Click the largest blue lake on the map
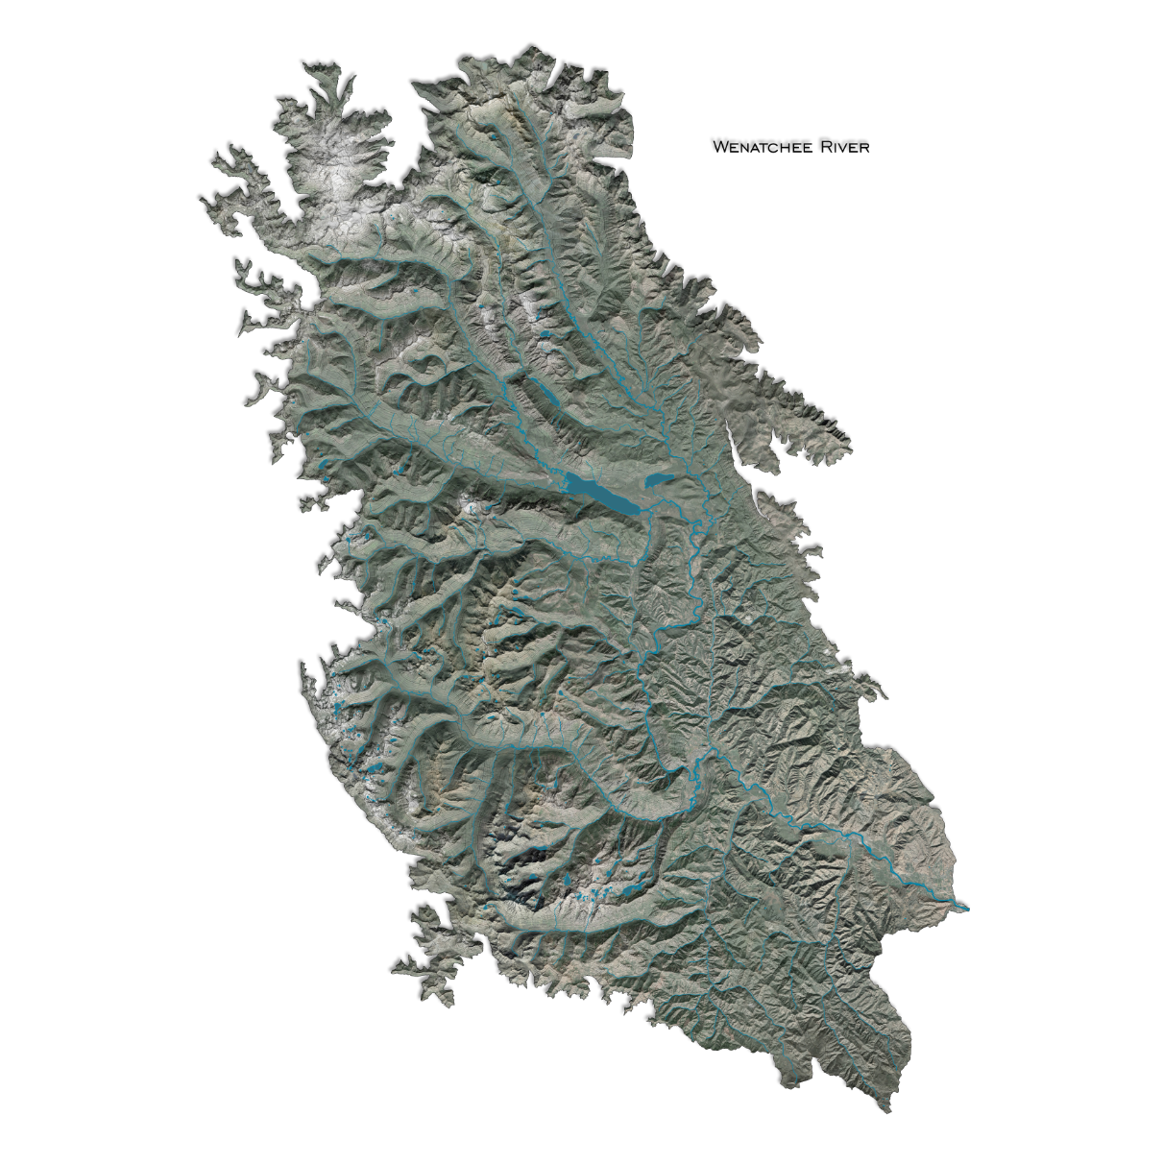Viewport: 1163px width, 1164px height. click(x=601, y=492)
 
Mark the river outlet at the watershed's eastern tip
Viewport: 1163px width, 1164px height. click(x=965, y=907)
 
